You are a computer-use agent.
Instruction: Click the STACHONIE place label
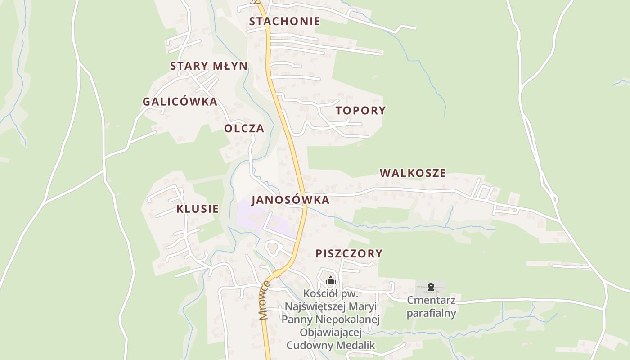click(x=284, y=21)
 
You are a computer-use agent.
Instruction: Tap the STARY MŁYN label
click(x=209, y=66)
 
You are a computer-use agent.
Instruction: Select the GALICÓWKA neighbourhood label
click(x=180, y=102)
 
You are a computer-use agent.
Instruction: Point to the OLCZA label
click(x=244, y=128)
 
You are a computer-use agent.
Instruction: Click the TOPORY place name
click(x=361, y=110)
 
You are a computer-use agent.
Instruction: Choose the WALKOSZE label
click(x=413, y=173)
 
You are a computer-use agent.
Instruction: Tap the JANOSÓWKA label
click(x=290, y=200)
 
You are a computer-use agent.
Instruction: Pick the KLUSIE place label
click(x=197, y=209)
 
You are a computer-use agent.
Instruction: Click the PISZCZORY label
click(x=349, y=253)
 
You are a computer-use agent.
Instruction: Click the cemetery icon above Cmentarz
click(x=431, y=286)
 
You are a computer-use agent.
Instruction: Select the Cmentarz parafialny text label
click(x=431, y=306)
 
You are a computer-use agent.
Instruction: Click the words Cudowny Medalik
click(x=331, y=345)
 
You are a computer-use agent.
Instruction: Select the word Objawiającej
click(x=331, y=333)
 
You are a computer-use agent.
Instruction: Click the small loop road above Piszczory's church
click(x=273, y=247)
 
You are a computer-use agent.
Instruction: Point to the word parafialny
click(x=431, y=313)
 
